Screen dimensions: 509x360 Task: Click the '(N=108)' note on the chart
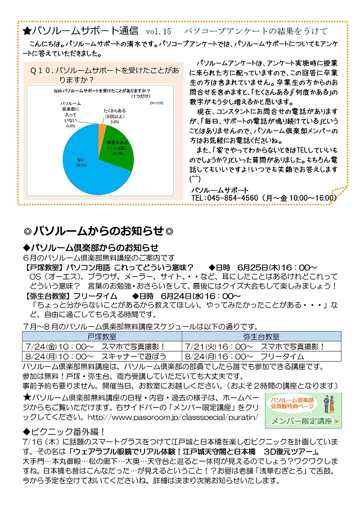coord(156,103)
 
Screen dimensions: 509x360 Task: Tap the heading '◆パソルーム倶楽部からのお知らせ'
coord(90,247)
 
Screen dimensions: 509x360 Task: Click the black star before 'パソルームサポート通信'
coord(27,30)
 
